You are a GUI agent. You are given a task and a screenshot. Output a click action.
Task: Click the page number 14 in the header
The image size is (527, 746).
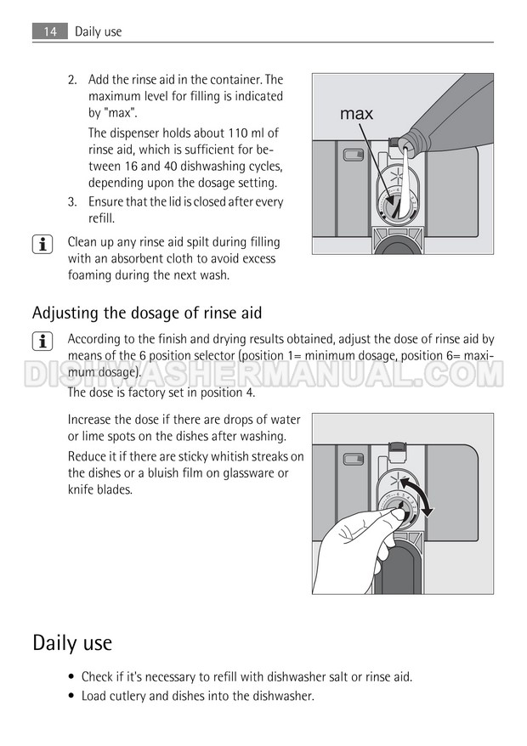50,32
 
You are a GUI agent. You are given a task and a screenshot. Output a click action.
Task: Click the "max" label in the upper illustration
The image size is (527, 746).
356,114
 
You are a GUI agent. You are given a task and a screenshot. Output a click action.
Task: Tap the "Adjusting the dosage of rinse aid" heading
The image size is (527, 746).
147,313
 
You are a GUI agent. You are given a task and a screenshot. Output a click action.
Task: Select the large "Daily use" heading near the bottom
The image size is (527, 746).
72,642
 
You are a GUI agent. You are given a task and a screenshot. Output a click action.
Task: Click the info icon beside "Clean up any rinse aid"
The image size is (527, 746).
42,245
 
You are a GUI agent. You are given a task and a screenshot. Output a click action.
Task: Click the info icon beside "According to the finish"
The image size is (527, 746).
42,342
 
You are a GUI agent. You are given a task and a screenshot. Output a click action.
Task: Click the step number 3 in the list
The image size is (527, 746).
72,202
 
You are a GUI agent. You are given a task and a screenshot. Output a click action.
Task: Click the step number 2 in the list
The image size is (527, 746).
72,80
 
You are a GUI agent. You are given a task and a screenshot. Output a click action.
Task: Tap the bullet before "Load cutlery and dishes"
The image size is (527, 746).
71,697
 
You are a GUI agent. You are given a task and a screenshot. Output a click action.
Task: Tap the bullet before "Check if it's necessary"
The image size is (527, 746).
71,677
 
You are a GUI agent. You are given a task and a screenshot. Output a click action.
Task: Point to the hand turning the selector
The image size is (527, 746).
354,552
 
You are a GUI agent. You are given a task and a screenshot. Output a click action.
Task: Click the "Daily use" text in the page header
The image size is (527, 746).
98,32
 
